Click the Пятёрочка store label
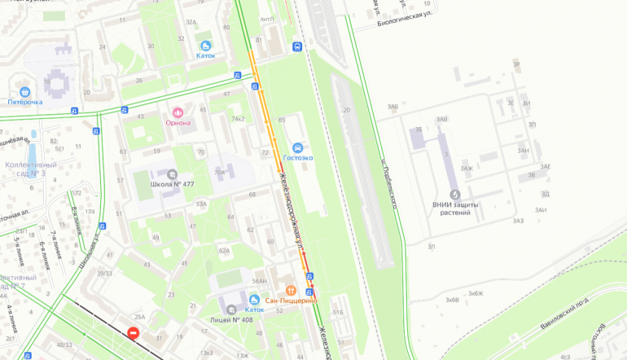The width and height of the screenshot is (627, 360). pyautogui.click(x=25, y=102)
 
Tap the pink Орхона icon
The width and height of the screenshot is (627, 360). pyautogui.click(x=178, y=111)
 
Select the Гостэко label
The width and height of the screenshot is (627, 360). pyautogui.click(x=297, y=157)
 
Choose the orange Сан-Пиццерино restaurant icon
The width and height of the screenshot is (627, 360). pyautogui.click(x=291, y=290)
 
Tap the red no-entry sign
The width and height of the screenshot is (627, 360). pyautogui.click(x=134, y=333)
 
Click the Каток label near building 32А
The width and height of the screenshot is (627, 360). pyautogui.click(x=206, y=55)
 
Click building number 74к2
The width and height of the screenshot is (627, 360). pyautogui.click(x=238, y=118)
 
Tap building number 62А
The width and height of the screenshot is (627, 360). pyautogui.click(x=224, y=251)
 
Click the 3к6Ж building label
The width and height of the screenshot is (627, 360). pyautogui.click(x=476, y=293)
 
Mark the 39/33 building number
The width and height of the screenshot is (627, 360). pyautogui.click(x=104, y=273)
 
